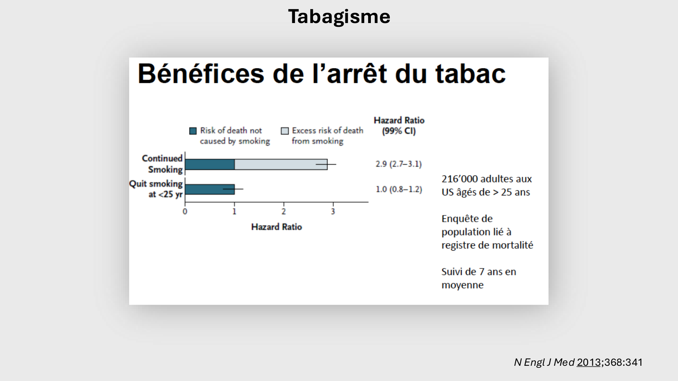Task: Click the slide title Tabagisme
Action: coord(339,16)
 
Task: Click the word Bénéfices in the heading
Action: coord(201,74)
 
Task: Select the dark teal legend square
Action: coord(193,131)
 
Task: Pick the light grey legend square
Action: coord(285,131)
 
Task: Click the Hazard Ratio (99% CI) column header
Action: coord(399,126)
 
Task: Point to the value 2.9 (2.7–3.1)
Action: coord(398,164)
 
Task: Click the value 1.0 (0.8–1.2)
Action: coord(399,189)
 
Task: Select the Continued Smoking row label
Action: coord(162,164)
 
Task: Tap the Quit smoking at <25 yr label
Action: coord(156,189)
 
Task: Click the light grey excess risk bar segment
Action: coord(281,164)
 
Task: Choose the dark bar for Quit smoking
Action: coord(210,189)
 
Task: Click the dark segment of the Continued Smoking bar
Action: coord(210,164)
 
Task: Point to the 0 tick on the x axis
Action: coord(185,212)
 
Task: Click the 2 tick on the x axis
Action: coord(284,212)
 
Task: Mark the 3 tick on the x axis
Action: coord(333,212)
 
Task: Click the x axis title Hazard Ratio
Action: coord(276,227)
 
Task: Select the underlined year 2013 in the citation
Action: coord(589,362)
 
